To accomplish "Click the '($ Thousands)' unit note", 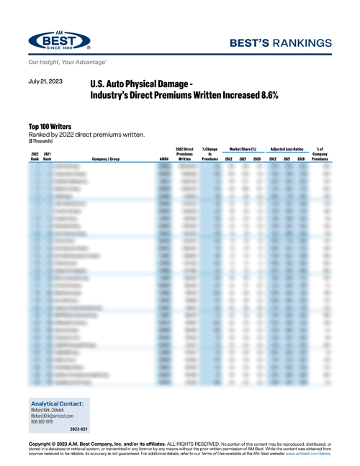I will [x=42, y=140].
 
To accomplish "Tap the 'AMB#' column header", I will [x=163, y=158].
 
